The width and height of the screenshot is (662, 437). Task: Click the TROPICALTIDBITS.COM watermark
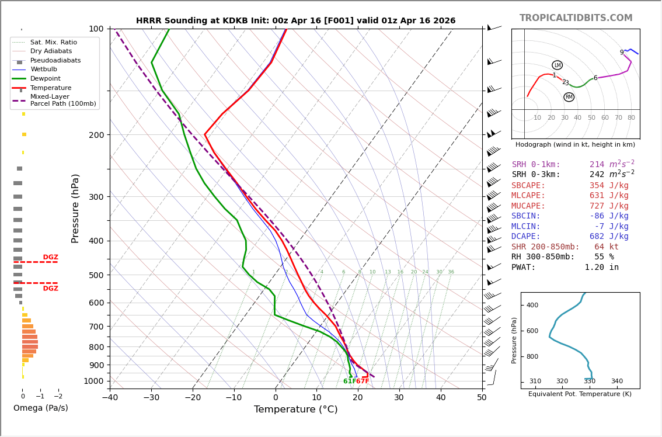point(576,18)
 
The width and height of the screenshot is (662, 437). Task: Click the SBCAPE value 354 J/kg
point(609,186)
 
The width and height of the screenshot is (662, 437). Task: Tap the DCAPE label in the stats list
point(529,237)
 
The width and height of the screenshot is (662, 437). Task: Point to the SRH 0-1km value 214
point(597,165)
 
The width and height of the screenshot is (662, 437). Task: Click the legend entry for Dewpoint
point(46,79)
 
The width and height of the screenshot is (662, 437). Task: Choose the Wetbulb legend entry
point(44,70)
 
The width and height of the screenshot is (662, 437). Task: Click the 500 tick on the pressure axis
point(96,275)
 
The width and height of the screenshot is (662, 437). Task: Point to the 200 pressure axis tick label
point(96,135)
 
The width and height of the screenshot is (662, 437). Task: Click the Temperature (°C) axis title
point(295,410)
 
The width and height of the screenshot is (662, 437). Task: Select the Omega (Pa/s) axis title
point(40,408)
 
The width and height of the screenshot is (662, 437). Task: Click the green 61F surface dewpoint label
point(349,381)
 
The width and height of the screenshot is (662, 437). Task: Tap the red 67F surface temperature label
point(363,381)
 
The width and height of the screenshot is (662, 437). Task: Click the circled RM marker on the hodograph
point(569,97)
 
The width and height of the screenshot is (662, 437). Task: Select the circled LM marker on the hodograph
point(557,65)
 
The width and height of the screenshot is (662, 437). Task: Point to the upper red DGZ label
point(50,257)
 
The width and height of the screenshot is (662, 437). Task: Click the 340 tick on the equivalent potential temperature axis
point(616,381)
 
